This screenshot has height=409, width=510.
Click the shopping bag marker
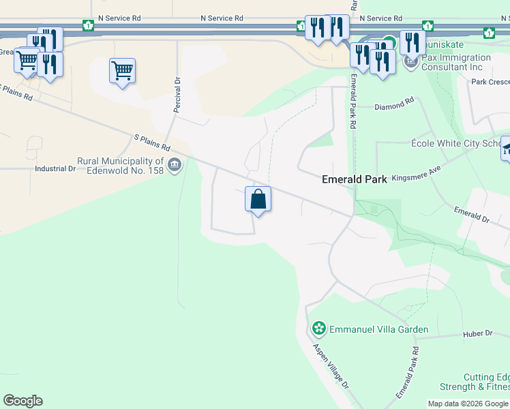pyautogui.click(x=258, y=200)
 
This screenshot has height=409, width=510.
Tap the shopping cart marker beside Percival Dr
pyautogui.click(x=122, y=70)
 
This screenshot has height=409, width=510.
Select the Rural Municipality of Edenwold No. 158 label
pyautogui.click(x=121, y=166)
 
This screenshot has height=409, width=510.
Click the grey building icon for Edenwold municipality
pyautogui.click(x=175, y=164)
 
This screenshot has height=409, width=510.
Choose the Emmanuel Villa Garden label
pyautogui.click(x=378, y=329)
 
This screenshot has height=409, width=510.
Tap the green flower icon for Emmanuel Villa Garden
pyautogui.click(x=318, y=329)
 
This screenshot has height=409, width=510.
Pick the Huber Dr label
pyautogui.click(x=477, y=333)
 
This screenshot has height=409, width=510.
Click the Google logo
pyautogui.click(x=22, y=401)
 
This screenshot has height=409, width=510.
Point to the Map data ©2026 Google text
pyautogui.click(x=467, y=404)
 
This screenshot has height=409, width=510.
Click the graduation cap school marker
pyautogui.click(x=507, y=149)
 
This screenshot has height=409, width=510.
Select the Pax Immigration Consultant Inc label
pyautogui.click(x=456, y=63)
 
